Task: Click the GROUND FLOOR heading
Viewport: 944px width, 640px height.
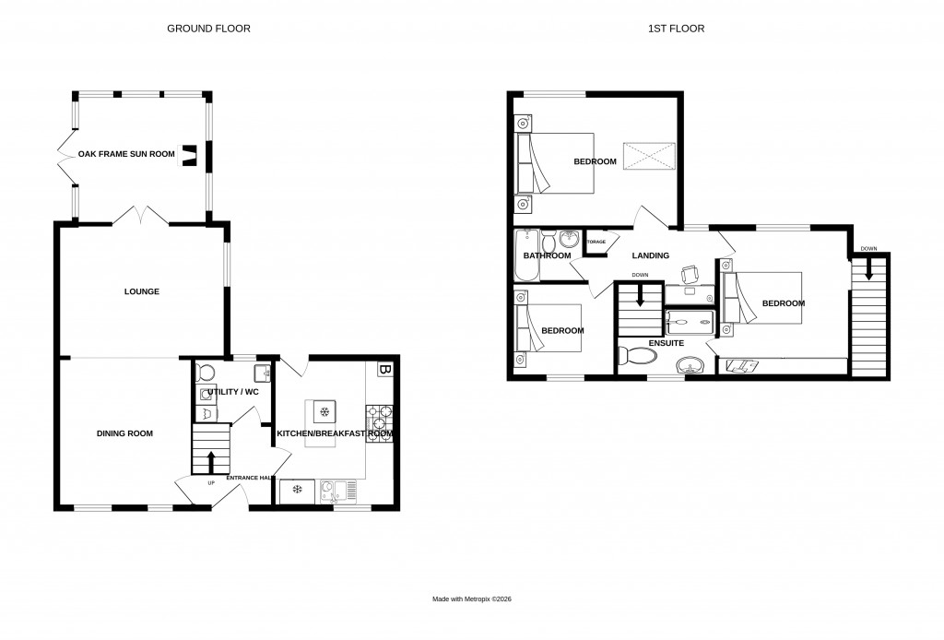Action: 208,29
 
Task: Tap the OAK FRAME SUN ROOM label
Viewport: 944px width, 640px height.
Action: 126,154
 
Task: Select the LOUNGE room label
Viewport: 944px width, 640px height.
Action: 142,291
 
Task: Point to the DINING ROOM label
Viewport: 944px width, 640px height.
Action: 124,433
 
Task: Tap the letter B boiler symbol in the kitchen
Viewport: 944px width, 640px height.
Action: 384,370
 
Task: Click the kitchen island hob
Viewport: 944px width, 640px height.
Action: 324,411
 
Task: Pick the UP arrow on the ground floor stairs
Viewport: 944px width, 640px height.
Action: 211,458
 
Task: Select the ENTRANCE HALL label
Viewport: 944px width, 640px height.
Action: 250,478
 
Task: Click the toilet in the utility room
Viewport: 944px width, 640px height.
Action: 206,373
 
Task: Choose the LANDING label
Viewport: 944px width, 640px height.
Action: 651,255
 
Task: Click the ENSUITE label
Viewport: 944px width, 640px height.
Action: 666,342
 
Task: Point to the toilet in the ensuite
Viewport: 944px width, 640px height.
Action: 632,356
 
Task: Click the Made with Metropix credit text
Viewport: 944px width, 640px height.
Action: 472,599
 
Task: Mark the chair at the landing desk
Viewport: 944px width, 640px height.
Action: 688,274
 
